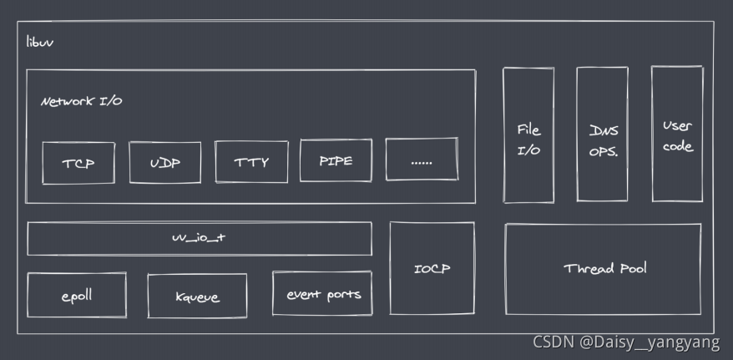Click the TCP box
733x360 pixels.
tap(78, 163)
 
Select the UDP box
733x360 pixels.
tap(165, 162)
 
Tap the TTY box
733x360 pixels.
tap(251, 162)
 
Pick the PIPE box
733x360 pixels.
tap(336, 160)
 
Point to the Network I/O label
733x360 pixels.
tap(82, 101)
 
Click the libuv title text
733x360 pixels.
tap(40, 41)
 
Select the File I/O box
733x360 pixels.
tap(528, 135)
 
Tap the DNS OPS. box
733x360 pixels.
tap(602, 135)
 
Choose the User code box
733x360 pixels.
tap(677, 134)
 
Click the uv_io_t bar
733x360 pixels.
tap(199, 238)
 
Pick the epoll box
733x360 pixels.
tap(77, 295)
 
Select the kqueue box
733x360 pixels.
tap(198, 297)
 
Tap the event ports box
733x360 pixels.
tap(323, 294)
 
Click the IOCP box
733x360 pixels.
tap(432, 269)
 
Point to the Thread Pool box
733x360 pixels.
tap(604, 269)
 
